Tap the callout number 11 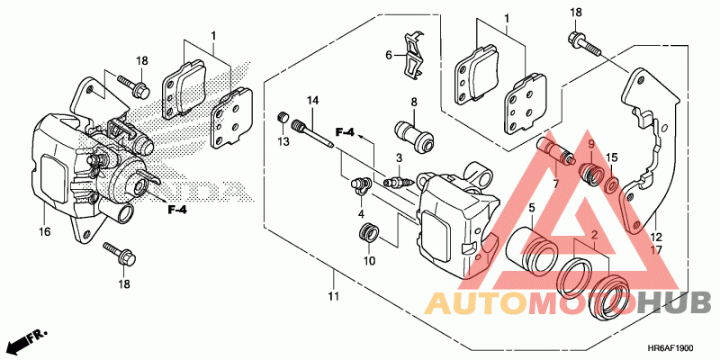coord(334,297)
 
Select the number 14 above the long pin coord(313,99)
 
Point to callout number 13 coord(283,143)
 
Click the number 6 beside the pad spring coord(390,55)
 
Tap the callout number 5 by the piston coord(531,208)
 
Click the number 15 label coord(610,158)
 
